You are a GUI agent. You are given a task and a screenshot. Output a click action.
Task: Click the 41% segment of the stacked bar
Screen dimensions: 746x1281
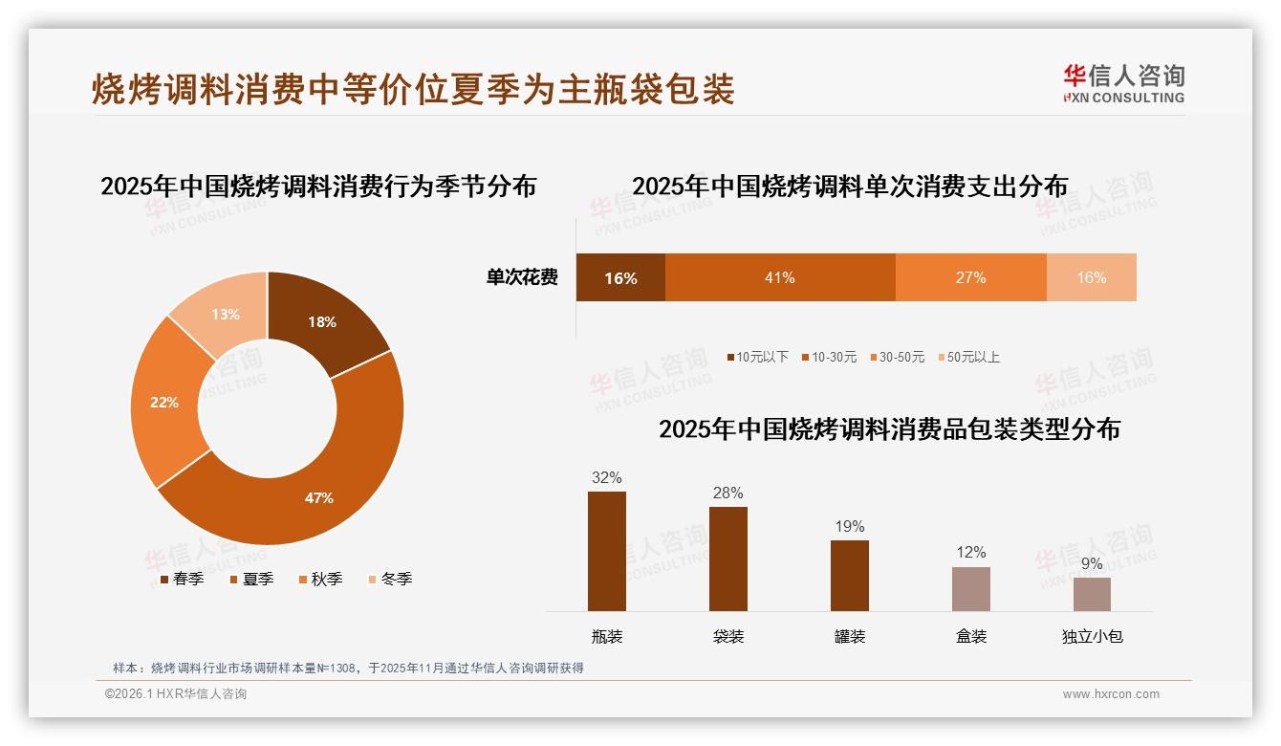point(780,277)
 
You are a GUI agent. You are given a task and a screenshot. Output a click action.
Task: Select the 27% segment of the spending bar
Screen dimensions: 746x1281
point(970,277)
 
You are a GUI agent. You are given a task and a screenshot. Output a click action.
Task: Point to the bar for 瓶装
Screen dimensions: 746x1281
point(607,551)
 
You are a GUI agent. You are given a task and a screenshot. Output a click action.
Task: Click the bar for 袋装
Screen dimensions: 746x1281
point(728,559)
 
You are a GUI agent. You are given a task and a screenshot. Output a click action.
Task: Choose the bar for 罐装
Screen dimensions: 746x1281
point(850,575)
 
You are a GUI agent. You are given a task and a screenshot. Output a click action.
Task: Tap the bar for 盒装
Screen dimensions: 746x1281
point(971,588)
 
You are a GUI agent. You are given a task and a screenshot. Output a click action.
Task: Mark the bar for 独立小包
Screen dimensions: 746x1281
point(1092,594)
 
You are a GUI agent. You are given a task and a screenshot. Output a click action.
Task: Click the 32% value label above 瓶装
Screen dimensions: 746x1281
point(607,477)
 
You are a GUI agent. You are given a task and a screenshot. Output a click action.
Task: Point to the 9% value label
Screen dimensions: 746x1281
point(1092,563)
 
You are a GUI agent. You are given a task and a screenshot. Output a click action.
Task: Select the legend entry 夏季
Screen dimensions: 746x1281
point(252,579)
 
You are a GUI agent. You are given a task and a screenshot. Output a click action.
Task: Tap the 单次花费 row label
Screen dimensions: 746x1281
point(522,277)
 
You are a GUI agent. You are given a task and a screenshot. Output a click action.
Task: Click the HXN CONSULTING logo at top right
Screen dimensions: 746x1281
point(1123,83)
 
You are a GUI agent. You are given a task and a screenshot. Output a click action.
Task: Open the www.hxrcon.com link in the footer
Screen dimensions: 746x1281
point(1111,694)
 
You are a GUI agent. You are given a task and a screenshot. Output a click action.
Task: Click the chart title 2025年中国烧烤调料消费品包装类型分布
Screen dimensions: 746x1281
point(889,428)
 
